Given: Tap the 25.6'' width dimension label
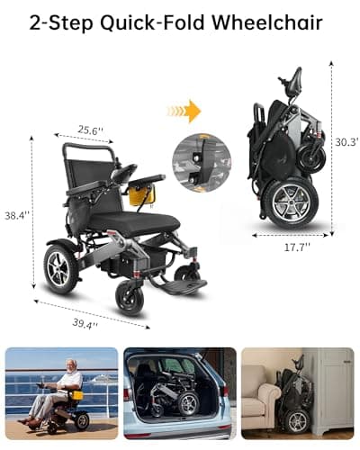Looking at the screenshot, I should tap(90, 130).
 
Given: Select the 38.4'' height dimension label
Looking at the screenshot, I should tap(16, 216).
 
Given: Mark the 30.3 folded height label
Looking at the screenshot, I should tap(346, 141).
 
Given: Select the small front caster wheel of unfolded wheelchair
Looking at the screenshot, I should tap(130, 297).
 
